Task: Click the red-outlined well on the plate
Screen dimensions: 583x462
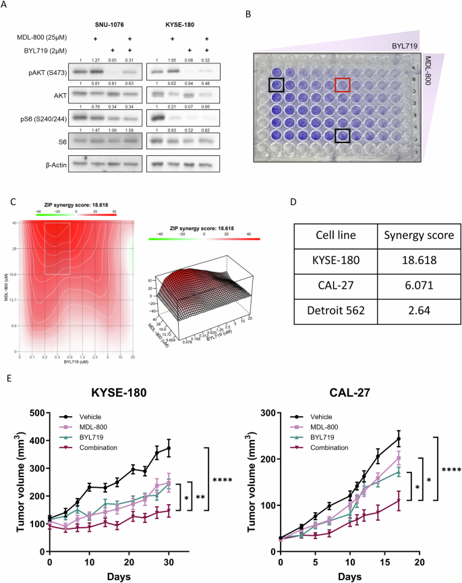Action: click(x=343, y=85)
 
